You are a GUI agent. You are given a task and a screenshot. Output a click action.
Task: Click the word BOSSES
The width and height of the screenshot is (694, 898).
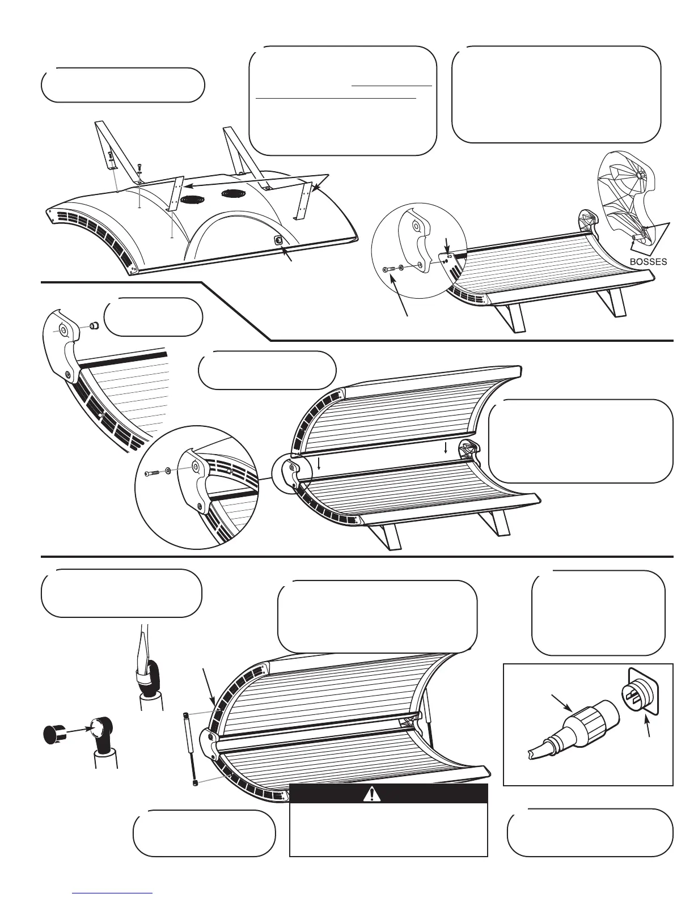[x=649, y=262]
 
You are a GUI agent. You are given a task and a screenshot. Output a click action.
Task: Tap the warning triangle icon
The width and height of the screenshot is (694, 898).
[x=372, y=794]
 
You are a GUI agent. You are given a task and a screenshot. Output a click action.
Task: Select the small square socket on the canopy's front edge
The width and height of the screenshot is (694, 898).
[x=278, y=240]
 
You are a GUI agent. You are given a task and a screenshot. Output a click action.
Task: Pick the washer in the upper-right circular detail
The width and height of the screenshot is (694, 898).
[x=401, y=267]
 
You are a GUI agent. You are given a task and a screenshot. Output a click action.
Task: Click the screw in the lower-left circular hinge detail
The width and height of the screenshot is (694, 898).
[x=151, y=472]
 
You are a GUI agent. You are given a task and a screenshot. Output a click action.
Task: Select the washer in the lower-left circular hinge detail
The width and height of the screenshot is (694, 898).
[x=168, y=471]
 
